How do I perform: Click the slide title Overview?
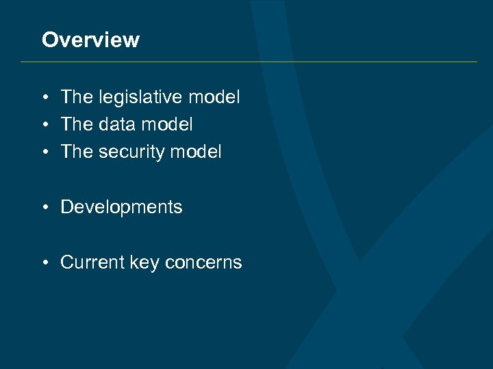[x=90, y=40]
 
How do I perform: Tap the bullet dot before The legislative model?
[x=43, y=98]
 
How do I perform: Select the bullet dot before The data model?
[x=43, y=125]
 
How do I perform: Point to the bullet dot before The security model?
[x=43, y=152]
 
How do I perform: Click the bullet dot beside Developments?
[x=43, y=208]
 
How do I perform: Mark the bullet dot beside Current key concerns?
[x=43, y=263]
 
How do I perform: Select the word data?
[x=117, y=124]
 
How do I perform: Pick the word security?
[x=131, y=152]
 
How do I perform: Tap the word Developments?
[x=121, y=208]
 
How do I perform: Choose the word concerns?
[x=203, y=262]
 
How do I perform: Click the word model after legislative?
[x=214, y=97]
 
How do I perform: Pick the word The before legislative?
[x=76, y=97]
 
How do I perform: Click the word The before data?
[x=76, y=124]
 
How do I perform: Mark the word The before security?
[x=76, y=152]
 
